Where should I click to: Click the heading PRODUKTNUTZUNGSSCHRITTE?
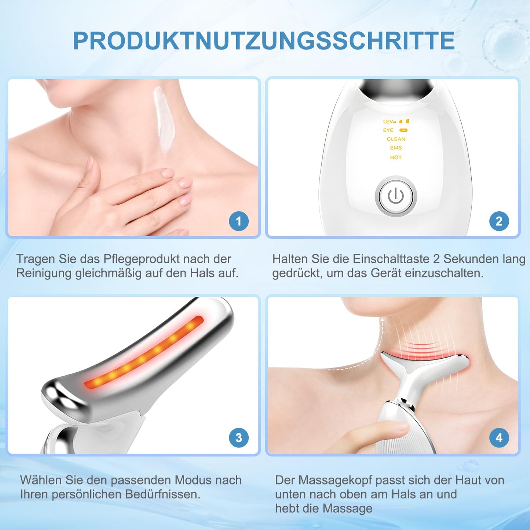tap(264, 40)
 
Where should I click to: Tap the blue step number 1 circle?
tap(239, 221)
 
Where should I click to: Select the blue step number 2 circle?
tap(499, 221)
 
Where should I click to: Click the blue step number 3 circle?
tap(239, 438)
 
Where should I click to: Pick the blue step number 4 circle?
tap(499, 438)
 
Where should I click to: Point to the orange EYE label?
tap(388, 130)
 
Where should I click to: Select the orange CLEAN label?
tap(396, 139)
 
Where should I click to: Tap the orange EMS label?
tap(396, 148)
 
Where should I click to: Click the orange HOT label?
tap(396, 158)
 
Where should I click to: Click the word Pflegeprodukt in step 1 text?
tap(141, 259)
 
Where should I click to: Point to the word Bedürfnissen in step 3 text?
tap(162, 494)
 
